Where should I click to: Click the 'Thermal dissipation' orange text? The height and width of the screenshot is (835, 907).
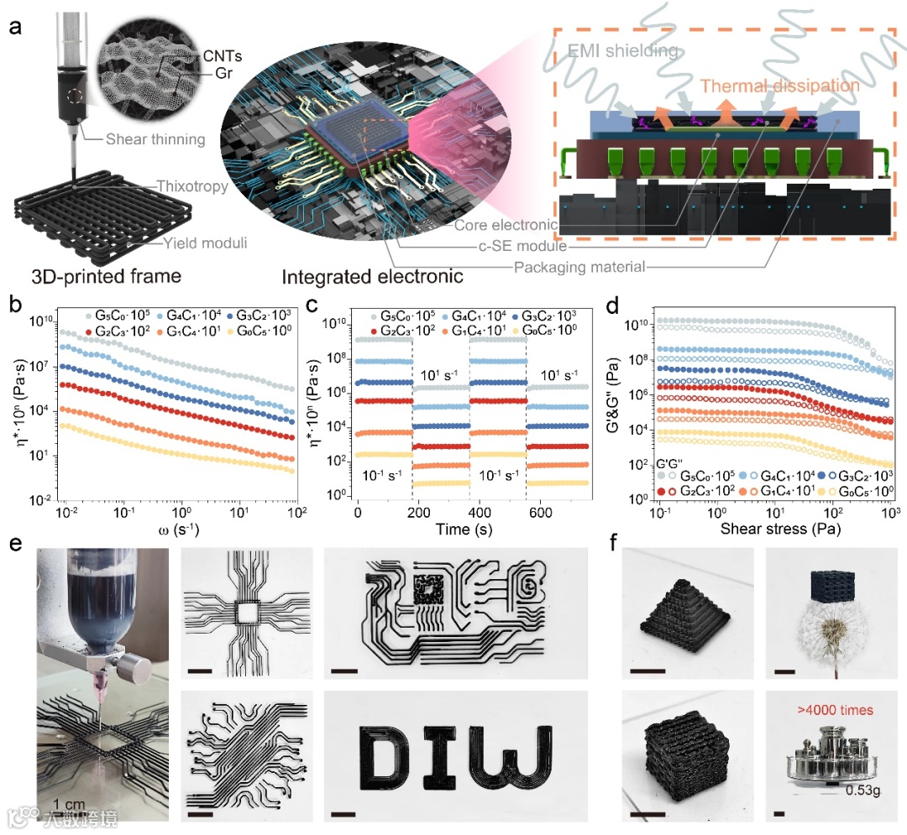(780, 86)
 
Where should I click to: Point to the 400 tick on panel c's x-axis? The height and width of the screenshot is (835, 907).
(480, 512)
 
